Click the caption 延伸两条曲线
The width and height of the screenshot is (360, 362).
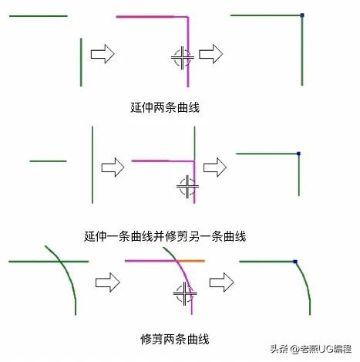(165, 107)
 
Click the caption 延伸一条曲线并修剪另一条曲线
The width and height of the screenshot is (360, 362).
(165, 236)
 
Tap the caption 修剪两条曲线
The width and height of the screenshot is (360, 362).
(175, 339)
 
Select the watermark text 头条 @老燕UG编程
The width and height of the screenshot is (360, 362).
(311, 349)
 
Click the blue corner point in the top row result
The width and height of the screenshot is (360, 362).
(302, 15)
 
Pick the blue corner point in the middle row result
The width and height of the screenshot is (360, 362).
(298, 154)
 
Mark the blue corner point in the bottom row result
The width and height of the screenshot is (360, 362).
(295, 262)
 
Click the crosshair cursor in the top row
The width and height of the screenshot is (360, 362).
(182, 58)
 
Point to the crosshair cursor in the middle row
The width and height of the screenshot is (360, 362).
(187, 187)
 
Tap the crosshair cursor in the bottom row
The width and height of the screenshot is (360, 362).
(185, 293)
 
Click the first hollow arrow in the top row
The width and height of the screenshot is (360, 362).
(103, 54)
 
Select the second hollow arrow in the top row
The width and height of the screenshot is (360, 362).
(211, 54)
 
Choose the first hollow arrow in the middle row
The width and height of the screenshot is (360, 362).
(113, 167)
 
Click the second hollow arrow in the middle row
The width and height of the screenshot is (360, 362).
(215, 167)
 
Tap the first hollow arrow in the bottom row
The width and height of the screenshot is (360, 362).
(108, 282)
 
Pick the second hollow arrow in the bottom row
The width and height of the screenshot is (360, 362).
(221, 282)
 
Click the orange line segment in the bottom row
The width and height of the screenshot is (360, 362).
(191, 261)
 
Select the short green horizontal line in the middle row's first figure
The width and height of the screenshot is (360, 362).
(48, 161)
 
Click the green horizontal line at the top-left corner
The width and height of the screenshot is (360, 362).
(39, 16)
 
